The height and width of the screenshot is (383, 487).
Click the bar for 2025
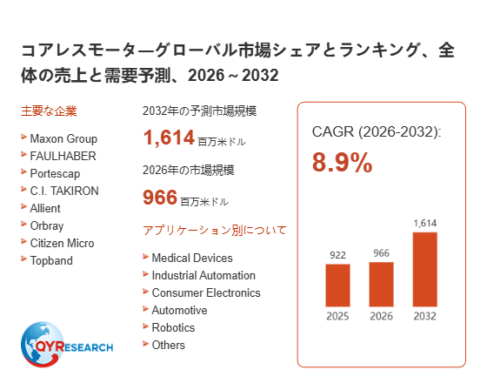337,286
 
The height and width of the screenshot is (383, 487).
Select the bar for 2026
381,284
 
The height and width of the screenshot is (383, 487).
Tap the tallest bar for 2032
425,269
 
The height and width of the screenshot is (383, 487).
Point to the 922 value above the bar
337,255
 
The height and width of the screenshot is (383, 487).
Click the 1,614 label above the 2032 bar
425,223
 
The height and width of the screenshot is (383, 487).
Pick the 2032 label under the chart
425,316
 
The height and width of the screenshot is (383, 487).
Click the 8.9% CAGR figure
342,162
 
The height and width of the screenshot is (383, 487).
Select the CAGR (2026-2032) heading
377,131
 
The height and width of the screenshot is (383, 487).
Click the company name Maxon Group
63,138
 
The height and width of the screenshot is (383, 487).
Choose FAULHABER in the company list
63,156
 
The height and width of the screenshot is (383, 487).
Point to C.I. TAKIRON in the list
64,191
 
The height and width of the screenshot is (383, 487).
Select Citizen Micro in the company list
62,243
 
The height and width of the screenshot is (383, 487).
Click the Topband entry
51,260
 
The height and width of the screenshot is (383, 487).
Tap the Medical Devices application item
192,258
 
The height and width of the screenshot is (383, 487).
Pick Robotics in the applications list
173,327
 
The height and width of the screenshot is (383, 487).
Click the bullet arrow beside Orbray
23,224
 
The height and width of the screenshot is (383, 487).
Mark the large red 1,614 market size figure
169,138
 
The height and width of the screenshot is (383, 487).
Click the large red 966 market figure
160,197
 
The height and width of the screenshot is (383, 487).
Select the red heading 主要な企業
49,111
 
